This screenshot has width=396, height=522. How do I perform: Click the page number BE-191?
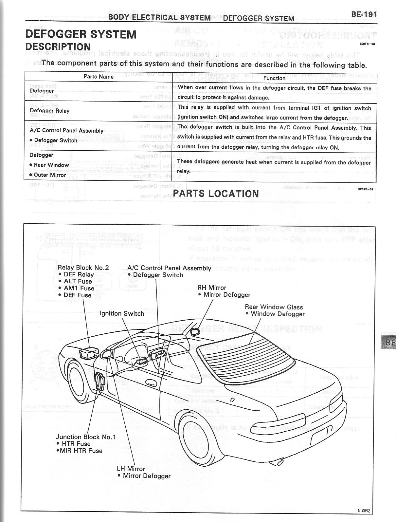coord(364,14)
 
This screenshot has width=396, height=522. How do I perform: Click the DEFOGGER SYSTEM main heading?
coord(81,34)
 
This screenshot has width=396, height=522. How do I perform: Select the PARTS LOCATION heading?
coord(218,194)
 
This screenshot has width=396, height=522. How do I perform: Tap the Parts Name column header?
coord(99,77)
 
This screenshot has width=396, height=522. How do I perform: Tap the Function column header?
coord(274,78)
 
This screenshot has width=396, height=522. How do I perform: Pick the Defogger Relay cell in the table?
coord(49,111)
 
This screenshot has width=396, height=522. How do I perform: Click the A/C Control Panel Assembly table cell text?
coord(66,130)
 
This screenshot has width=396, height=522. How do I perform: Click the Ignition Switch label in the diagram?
coord(122,313)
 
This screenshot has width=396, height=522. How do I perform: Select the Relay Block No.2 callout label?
coord(83,268)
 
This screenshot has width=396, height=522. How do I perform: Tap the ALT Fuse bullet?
coord(78,281)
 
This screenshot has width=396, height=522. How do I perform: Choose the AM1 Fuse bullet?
coord(79,288)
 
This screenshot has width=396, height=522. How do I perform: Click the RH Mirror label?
coord(212,288)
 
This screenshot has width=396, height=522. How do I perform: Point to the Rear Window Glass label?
coord(274,307)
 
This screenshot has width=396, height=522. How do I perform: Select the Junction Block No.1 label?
coord(86,437)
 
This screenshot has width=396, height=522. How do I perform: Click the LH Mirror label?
coord(131,469)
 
